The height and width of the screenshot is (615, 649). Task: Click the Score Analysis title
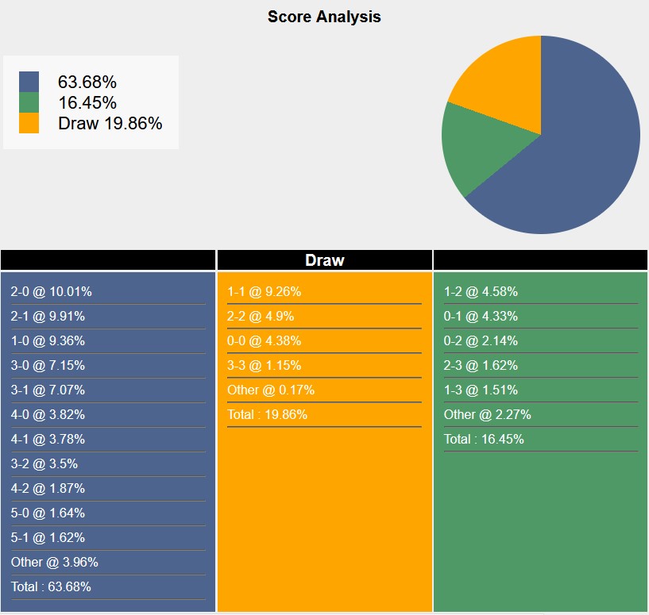click(x=324, y=17)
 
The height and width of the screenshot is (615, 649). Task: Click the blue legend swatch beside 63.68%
click(x=29, y=82)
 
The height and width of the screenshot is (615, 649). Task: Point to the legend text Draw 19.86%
click(x=110, y=123)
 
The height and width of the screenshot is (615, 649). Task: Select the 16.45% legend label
click(x=87, y=102)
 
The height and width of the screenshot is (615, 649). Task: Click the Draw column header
click(x=324, y=260)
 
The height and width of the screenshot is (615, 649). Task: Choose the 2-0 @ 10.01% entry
click(x=52, y=291)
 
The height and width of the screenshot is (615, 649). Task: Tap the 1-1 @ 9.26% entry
click(x=264, y=291)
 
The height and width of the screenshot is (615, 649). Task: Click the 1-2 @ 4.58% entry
click(x=481, y=291)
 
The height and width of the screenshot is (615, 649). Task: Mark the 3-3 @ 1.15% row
click(x=264, y=365)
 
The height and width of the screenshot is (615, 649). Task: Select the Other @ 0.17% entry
click(x=271, y=390)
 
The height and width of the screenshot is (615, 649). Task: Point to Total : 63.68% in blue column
click(x=51, y=586)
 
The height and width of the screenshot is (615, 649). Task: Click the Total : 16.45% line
click(x=484, y=439)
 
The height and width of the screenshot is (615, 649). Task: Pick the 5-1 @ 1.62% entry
click(x=48, y=537)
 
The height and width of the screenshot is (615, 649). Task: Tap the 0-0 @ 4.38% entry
click(x=264, y=340)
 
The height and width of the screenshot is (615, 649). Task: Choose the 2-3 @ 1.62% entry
click(x=481, y=365)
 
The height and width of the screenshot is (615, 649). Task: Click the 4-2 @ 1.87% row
click(x=48, y=488)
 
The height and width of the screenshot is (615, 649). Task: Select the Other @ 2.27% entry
click(x=488, y=414)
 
